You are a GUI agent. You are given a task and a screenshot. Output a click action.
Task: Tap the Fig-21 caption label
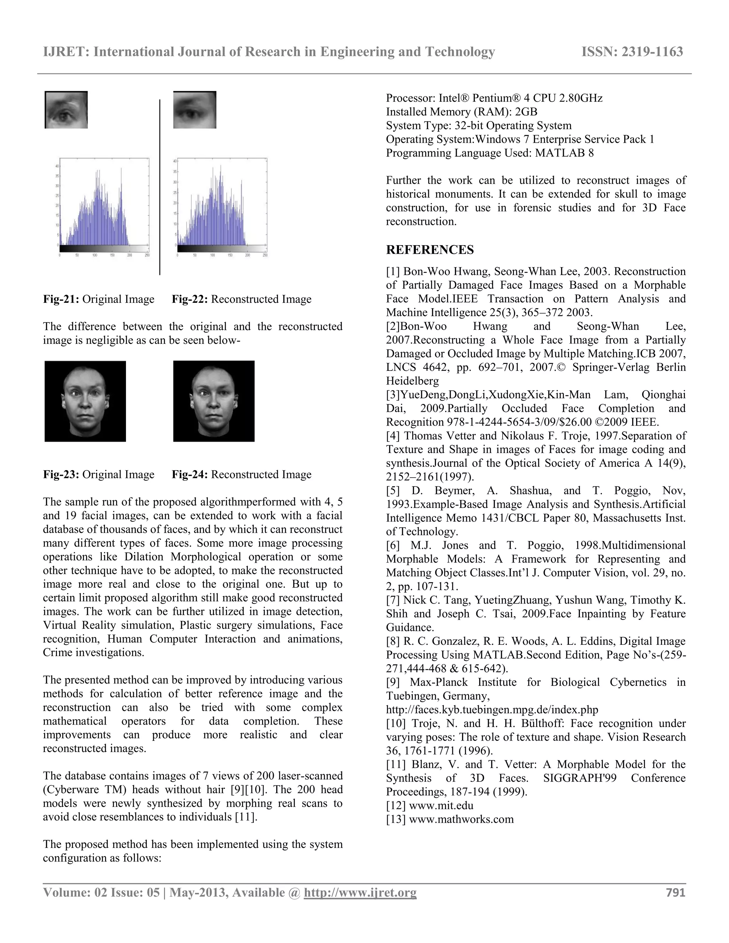point(61,299)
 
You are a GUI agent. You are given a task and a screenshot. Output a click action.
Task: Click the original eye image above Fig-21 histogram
point(66,110)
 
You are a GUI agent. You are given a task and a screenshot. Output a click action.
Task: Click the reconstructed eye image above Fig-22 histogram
point(194,110)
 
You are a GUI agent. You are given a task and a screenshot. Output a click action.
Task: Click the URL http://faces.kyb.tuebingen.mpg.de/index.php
point(492,710)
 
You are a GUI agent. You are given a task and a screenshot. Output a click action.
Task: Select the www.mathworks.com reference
point(461,820)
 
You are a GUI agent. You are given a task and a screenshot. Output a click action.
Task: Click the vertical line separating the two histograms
point(160,186)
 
